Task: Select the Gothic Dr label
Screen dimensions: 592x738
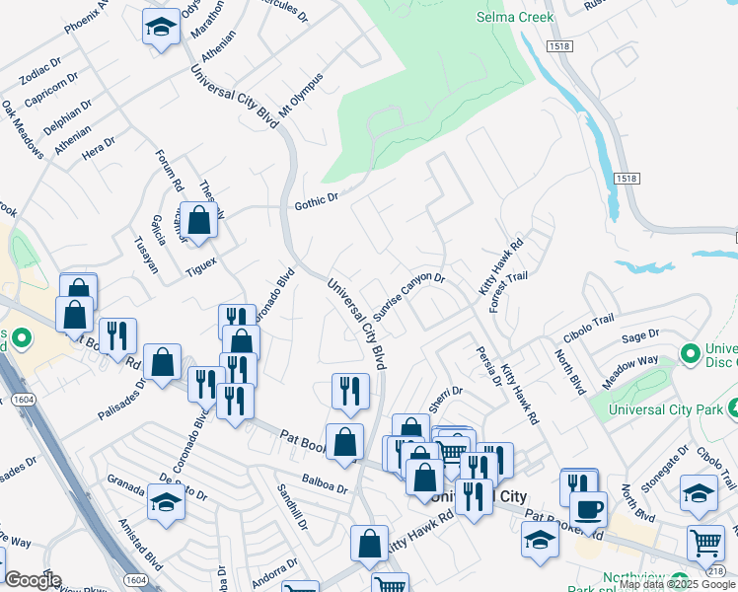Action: pyautogui.click(x=316, y=202)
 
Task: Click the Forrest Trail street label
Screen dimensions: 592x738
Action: pyautogui.click(x=509, y=288)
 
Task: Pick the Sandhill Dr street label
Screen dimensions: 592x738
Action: pyautogui.click(x=293, y=507)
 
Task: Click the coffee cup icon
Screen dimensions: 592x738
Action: pyautogui.click(x=590, y=509)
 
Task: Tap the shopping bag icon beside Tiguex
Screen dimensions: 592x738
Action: pyautogui.click(x=199, y=221)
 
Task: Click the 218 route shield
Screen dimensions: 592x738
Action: pyautogui.click(x=728, y=572)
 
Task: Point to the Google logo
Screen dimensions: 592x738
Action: pyautogui.click(x=33, y=580)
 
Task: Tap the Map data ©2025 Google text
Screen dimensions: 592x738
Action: pyautogui.click(x=677, y=584)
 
